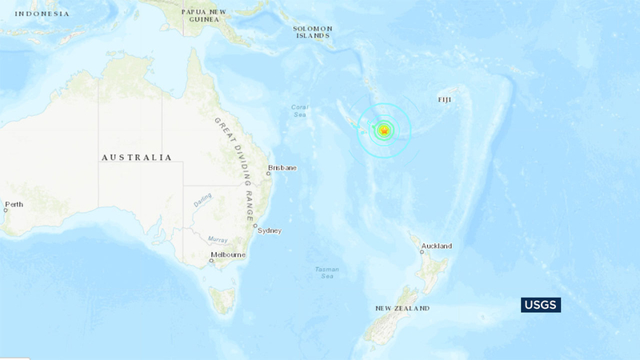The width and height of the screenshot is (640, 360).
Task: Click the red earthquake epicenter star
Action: tap(384, 130)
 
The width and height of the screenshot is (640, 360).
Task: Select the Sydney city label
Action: tap(270, 230)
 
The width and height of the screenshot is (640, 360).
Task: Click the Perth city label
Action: tap(14, 204)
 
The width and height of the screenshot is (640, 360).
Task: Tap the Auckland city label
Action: tap(438, 246)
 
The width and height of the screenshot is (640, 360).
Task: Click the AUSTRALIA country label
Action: tap(136, 158)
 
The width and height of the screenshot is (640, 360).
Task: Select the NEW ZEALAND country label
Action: tap(402, 308)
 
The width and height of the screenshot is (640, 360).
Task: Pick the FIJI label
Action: tap(445, 99)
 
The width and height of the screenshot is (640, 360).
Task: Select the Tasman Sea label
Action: tap(326, 272)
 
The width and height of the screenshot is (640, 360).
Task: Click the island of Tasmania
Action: tap(222, 301)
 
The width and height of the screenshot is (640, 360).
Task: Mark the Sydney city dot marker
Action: tap(255, 228)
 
